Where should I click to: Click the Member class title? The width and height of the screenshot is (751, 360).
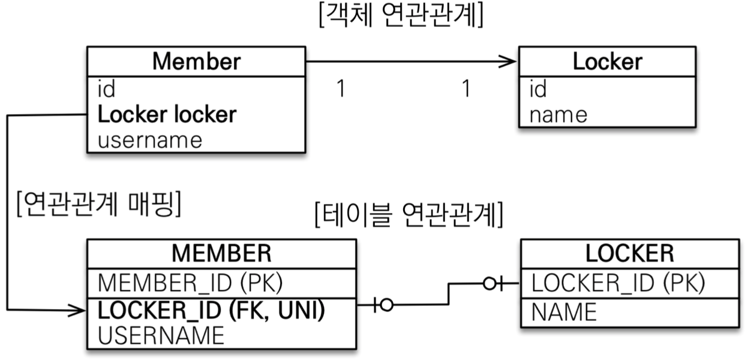coord(196,61)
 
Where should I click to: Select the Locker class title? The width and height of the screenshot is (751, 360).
coord(607,61)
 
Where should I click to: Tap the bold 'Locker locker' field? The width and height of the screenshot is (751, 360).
coord(167,114)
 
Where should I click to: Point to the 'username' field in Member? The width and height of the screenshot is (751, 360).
coord(149,140)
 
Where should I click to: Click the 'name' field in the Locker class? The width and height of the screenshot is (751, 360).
coord(558,114)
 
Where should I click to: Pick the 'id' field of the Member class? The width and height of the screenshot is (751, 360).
coord(106,89)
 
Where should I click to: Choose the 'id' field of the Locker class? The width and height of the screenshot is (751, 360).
coord(538,89)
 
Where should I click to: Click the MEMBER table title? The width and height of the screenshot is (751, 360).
coord(221,253)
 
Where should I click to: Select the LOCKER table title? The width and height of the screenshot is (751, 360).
coord(629,253)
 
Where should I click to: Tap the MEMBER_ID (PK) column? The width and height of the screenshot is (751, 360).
coord(190,281)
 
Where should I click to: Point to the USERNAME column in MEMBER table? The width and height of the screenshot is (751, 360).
coord(161,335)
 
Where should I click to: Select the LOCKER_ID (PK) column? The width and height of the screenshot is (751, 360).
coord(618,282)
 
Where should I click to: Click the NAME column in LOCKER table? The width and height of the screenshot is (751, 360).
coord(564,312)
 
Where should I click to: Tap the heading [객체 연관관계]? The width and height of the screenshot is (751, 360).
coord(402,17)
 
